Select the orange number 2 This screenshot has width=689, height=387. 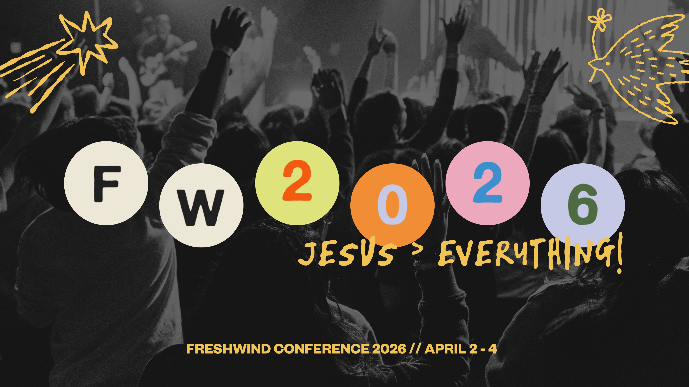pyautogui.click(x=297, y=181)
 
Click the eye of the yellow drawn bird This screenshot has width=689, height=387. pyautogui.click(x=608, y=64)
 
